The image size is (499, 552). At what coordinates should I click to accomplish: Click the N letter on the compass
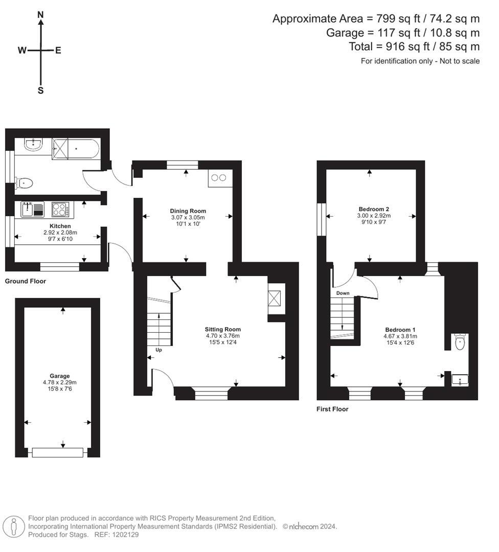[40, 15]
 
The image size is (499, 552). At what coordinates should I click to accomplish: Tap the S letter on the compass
[40, 90]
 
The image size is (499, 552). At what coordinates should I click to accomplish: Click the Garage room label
[59, 376]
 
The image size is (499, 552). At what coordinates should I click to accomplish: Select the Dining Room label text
[188, 211]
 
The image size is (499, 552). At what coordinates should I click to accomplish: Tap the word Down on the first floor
[343, 293]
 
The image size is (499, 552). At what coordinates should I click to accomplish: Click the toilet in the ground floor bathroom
[25, 182]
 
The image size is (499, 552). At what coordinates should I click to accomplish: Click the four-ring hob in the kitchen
[60, 210]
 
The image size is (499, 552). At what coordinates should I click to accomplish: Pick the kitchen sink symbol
[32, 210]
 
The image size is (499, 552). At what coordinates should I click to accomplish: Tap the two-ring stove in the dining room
[219, 178]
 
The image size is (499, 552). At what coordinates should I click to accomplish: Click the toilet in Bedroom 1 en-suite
[460, 342]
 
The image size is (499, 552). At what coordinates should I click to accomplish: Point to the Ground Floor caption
[26, 281]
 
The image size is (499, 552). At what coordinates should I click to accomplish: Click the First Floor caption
[332, 409]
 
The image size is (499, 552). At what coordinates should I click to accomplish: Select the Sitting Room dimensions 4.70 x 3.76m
[222, 336]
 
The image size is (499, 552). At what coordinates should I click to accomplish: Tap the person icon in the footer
[13, 526]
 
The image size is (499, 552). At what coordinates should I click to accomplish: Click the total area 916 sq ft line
[414, 47]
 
